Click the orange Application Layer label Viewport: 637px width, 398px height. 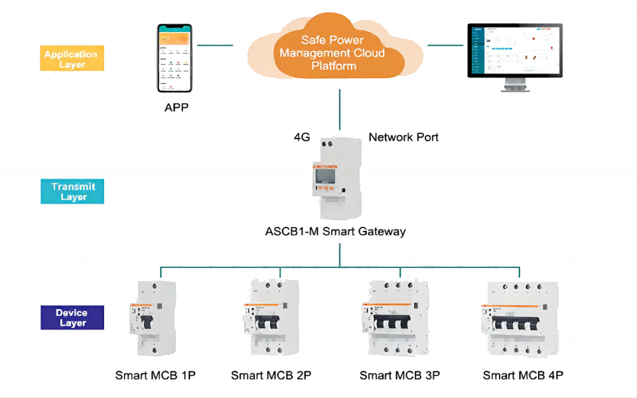click(70, 60)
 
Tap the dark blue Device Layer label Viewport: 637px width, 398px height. click(71, 318)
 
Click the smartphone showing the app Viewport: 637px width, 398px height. click(175, 58)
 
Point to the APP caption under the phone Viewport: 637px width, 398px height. click(177, 107)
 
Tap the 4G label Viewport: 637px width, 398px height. click(303, 137)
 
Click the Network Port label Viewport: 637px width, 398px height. click(403, 137)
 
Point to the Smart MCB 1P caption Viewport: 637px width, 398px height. click(155, 375)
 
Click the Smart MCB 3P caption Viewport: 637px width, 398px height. click(399, 375)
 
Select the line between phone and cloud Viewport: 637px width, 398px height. click(216, 45)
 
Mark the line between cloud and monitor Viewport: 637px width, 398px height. click(445, 45)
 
